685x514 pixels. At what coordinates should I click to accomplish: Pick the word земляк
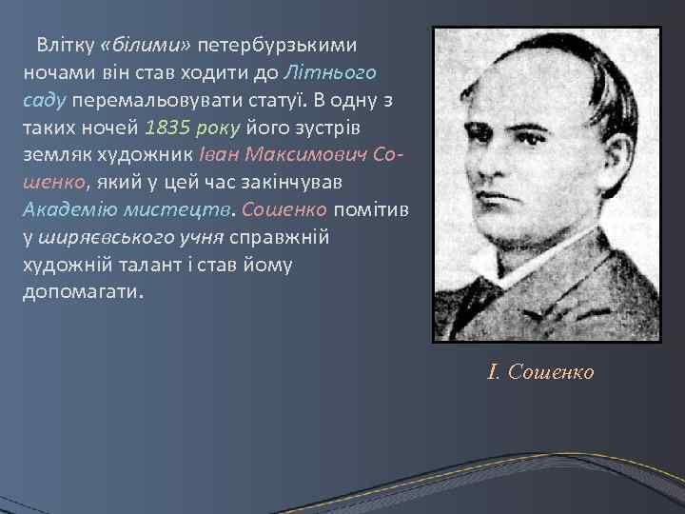coord(54,153)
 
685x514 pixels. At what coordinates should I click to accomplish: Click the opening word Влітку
coord(65,45)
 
